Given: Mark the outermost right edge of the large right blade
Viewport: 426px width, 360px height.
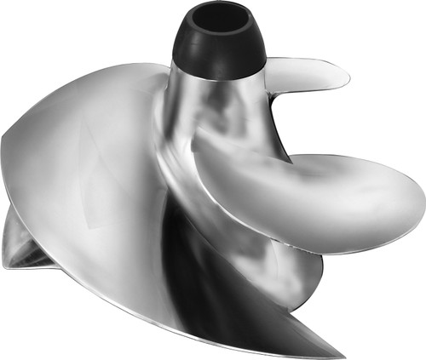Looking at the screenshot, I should [423, 200].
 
